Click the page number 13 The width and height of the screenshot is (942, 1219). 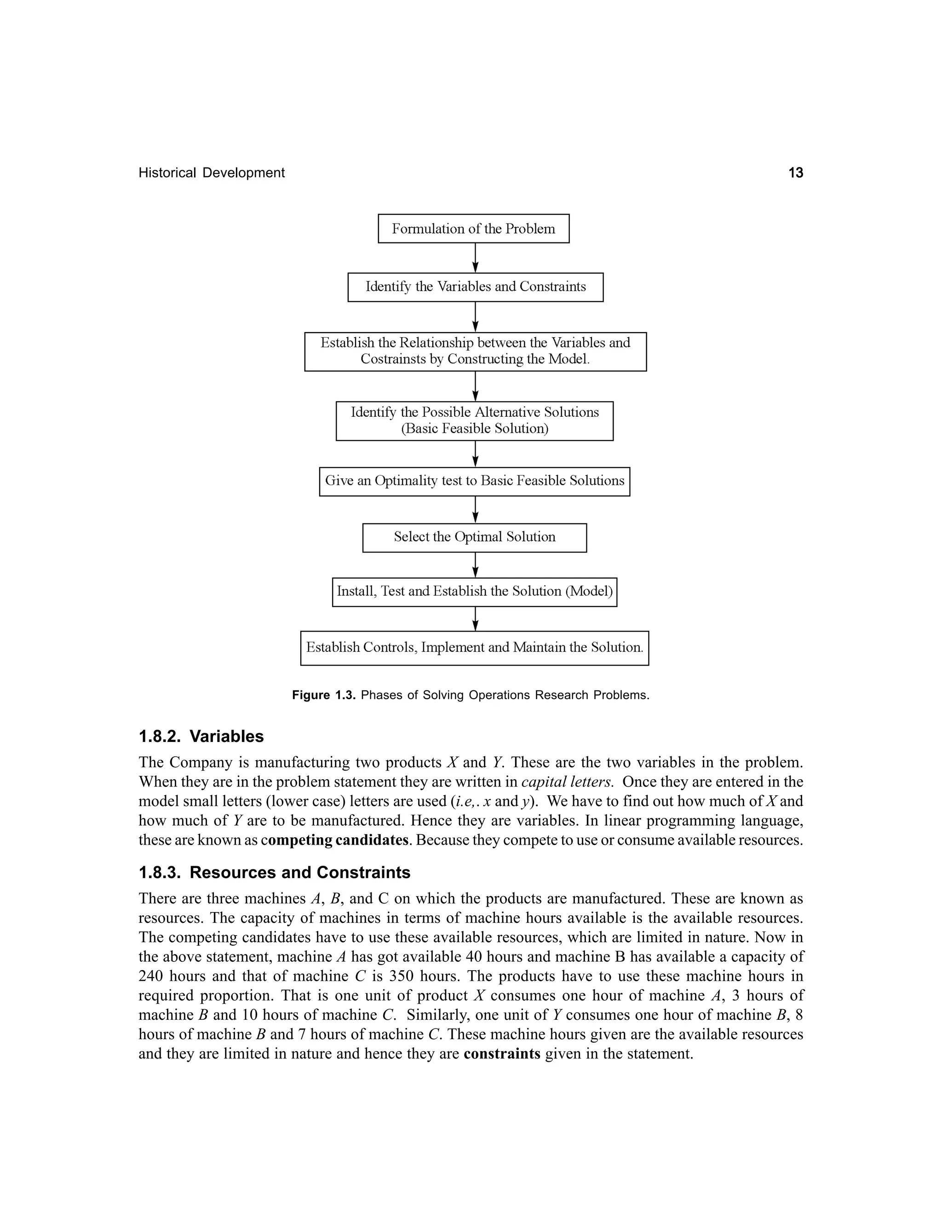[x=795, y=172]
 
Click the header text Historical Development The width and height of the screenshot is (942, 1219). [x=212, y=172]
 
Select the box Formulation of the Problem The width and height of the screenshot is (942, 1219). [x=473, y=229]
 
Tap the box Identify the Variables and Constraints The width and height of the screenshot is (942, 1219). [x=476, y=287]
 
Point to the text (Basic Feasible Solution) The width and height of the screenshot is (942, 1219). [x=474, y=429]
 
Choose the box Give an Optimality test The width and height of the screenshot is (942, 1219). [x=474, y=481]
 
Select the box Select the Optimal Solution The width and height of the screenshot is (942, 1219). [x=474, y=537]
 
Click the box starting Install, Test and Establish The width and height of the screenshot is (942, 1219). [x=474, y=592]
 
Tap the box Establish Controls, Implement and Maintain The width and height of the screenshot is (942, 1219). [x=474, y=648]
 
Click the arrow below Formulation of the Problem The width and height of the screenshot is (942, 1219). [x=475, y=258]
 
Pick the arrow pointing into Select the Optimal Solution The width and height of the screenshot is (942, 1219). [x=475, y=510]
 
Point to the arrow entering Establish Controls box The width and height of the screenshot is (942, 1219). [x=475, y=619]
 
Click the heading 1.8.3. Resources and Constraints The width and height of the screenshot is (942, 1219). [x=274, y=872]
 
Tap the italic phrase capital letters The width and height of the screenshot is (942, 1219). [x=568, y=782]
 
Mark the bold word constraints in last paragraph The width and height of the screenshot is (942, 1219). [x=502, y=1054]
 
